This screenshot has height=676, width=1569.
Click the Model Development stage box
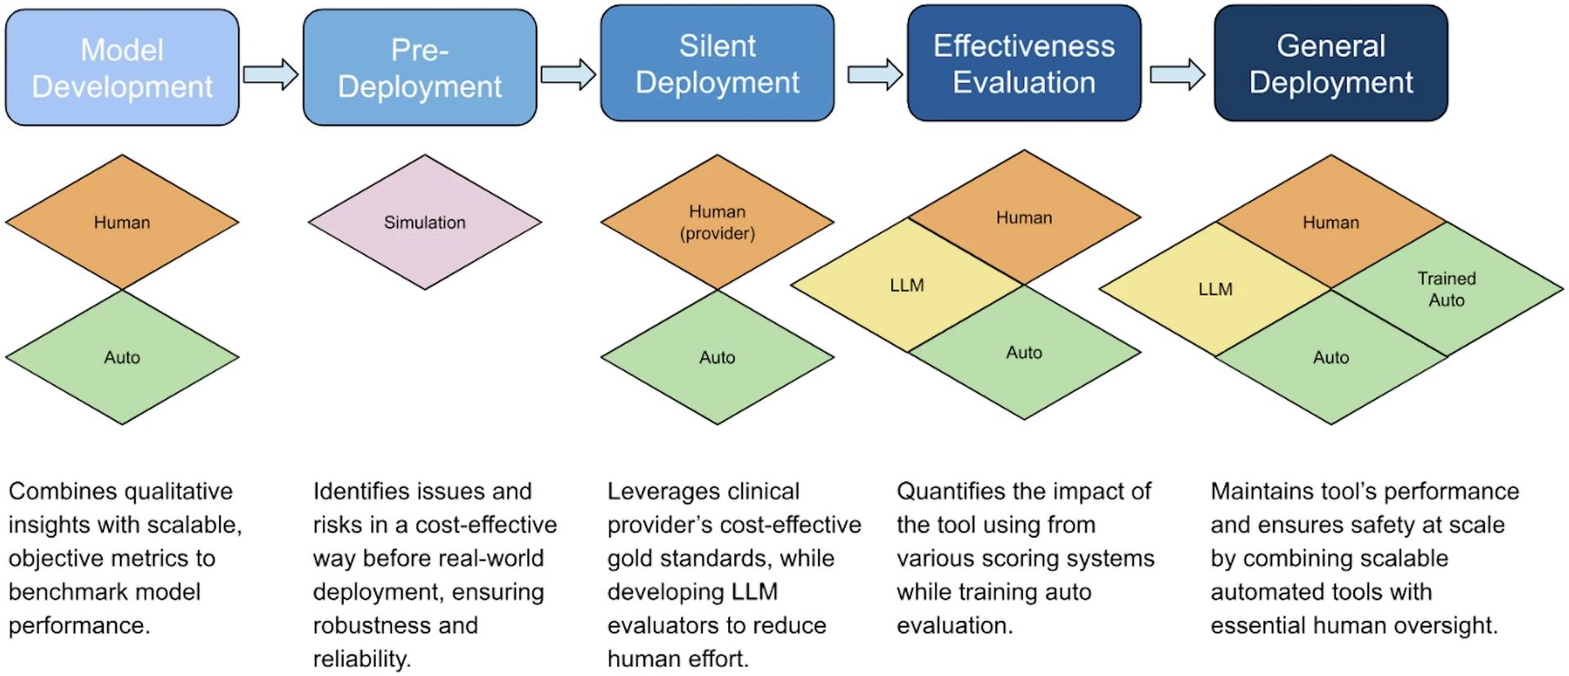(123, 68)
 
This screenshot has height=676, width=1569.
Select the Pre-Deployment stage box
(420, 68)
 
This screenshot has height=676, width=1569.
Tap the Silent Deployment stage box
(717, 64)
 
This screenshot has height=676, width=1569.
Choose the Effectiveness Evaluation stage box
(1024, 64)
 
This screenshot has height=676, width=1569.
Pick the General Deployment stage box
(1331, 64)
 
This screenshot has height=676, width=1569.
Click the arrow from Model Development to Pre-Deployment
(271, 74)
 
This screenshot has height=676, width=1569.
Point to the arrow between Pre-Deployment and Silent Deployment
(569, 74)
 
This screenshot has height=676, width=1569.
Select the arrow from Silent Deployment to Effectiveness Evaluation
(875, 74)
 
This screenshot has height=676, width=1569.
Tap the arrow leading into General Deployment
(1178, 74)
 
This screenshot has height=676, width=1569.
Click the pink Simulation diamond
(425, 222)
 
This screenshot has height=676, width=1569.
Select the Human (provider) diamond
(717, 222)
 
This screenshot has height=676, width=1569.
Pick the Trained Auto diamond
(1447, 289)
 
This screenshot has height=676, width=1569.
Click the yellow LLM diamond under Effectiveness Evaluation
(907, 284)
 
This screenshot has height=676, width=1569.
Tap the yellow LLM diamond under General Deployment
(1215, 289)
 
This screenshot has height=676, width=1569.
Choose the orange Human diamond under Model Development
(122, 222)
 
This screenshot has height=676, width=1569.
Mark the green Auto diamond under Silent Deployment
(717, 357)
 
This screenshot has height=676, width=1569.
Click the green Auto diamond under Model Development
(122, 357)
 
